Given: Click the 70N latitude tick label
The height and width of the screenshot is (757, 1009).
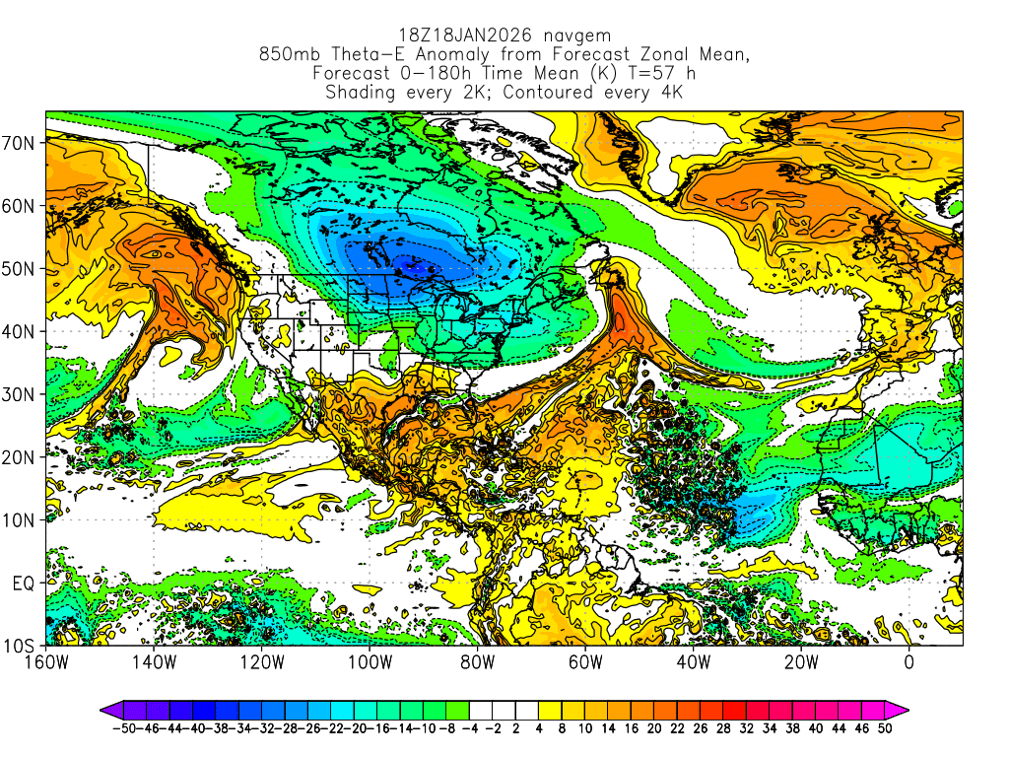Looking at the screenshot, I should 20,143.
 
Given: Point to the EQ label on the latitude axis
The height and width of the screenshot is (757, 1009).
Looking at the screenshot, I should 24,584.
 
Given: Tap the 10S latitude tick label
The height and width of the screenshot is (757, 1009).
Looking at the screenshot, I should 20,647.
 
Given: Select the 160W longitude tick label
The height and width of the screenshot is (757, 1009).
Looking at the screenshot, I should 45,662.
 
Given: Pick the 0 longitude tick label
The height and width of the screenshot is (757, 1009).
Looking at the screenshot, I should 908,662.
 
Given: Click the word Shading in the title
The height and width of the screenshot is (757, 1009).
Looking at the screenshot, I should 362,93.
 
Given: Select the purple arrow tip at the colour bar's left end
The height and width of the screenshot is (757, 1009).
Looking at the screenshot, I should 105,709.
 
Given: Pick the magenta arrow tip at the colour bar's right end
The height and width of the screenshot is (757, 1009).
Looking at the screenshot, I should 903,709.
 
